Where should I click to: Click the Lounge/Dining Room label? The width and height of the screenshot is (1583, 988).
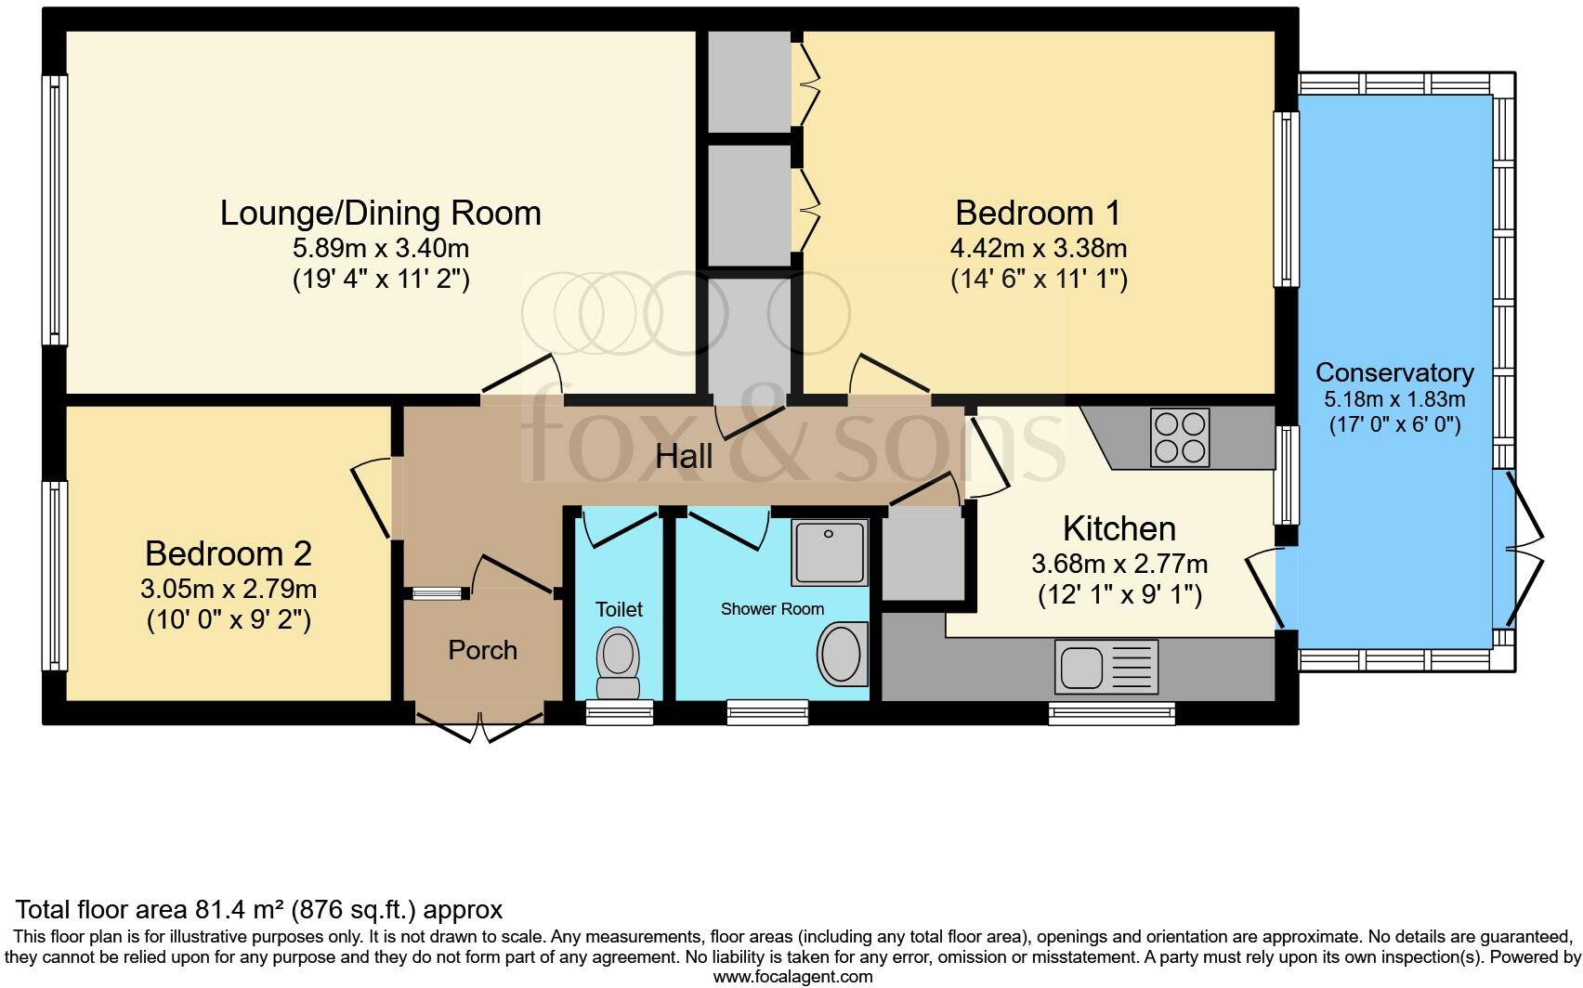click(380, 213)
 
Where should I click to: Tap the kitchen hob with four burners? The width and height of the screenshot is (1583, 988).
click(1180, 436)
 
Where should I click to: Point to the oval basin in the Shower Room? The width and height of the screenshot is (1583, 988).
click(844, 652)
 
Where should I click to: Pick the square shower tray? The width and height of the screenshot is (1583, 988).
click(830, 552)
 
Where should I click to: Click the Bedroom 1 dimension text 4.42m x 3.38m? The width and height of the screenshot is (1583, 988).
click(1039, 249)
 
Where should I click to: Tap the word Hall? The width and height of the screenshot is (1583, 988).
click(685, 456)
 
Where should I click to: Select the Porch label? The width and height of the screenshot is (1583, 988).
click(482, 650)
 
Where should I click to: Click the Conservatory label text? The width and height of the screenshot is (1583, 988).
click(1393, 372)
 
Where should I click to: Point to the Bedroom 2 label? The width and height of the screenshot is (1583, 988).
click(229, 554)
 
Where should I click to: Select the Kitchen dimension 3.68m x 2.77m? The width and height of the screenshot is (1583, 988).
click(1119, 564)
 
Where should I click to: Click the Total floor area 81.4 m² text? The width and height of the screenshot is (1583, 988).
click(260, 909)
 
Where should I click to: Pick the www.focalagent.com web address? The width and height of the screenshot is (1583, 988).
click(791, 977)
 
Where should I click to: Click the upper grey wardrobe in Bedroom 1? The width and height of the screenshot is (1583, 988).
click(749, 83)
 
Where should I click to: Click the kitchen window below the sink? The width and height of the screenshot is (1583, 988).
click(1111, 713)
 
